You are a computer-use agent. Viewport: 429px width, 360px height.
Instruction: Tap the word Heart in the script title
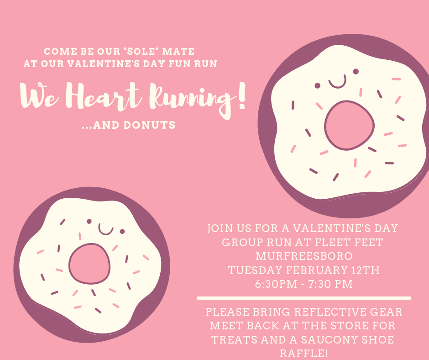104,96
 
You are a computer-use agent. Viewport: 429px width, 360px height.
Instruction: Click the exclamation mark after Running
241,96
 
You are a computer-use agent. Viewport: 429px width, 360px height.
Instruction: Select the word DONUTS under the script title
149,125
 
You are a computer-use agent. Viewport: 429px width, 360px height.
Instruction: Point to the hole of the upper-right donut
350,126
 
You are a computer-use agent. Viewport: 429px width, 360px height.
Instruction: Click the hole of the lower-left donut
89,264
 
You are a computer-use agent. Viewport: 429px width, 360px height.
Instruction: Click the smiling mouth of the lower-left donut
106,230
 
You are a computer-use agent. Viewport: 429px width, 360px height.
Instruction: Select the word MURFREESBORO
304,256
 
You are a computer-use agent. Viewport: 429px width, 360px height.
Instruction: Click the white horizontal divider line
304,298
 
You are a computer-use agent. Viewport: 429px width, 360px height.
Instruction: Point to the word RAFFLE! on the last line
304,354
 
